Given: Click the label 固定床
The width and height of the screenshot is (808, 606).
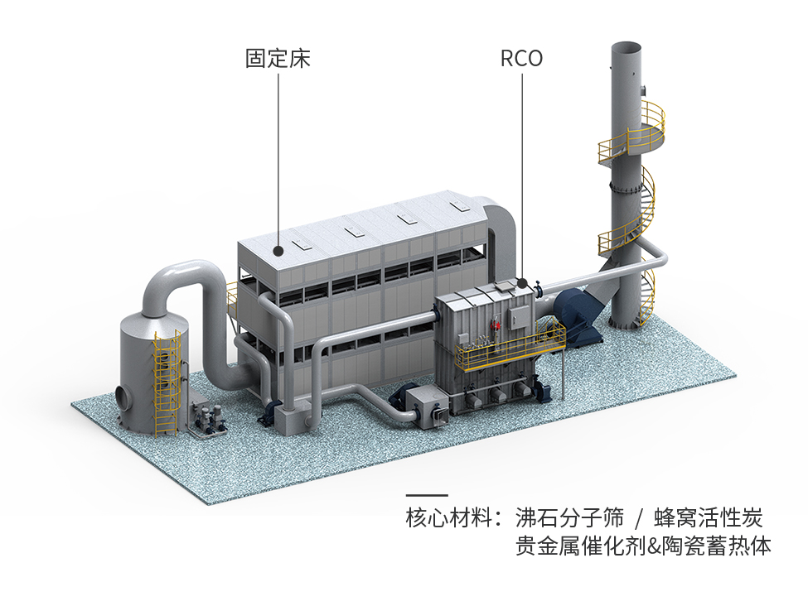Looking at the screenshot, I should (x=278, y=59).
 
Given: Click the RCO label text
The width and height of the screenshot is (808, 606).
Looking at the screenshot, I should (x=521, y=59).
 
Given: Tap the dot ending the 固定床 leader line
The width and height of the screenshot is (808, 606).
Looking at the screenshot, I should (x=278, y=248).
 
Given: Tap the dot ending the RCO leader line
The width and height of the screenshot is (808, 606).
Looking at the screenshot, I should (x=522, y=282).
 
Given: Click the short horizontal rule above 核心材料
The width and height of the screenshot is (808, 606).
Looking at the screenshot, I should (x=427, y=495).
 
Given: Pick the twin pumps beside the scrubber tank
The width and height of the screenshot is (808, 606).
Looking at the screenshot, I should (x=204, y=418).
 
